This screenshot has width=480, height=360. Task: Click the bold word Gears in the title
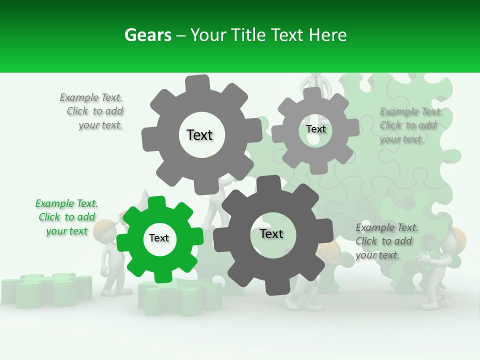148,35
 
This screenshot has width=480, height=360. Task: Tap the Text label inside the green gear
159,238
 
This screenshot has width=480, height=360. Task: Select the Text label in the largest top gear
199,135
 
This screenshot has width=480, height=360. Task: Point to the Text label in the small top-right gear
315,129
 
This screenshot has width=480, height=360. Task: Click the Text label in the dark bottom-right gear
271,233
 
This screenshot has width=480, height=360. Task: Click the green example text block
66,217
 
